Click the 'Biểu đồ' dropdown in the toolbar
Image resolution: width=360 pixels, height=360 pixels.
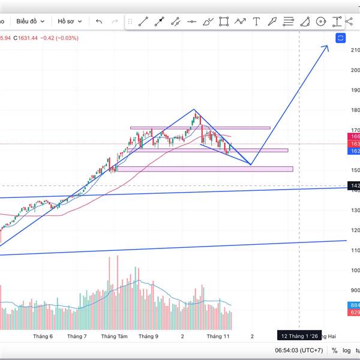click(x=29, y=21)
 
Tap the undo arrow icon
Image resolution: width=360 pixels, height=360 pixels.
click(x=99, y=22)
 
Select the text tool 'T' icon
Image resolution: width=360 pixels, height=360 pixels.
click(x=256, y=22)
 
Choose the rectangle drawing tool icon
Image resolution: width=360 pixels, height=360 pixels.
click(x=224, y=22)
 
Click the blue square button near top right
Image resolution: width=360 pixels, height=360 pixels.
click(x=340, y=38)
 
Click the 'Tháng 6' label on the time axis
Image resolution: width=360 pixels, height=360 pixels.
click(x=43, y=337)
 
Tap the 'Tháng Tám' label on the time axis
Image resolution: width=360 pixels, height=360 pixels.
click(x=115, y=337)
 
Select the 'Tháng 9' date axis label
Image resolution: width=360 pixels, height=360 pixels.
click(x=148, y=337)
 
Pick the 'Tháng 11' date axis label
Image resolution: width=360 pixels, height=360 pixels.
click(x=218, y=337)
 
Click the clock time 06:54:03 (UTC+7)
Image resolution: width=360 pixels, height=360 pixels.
click(x=299, y=350)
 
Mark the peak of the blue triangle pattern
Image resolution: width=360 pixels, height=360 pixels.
click(x=194, y=109)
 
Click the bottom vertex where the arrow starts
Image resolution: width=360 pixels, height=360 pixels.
click(x=250, y=164)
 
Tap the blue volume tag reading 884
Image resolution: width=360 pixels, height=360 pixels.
click(x=354, y=305)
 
